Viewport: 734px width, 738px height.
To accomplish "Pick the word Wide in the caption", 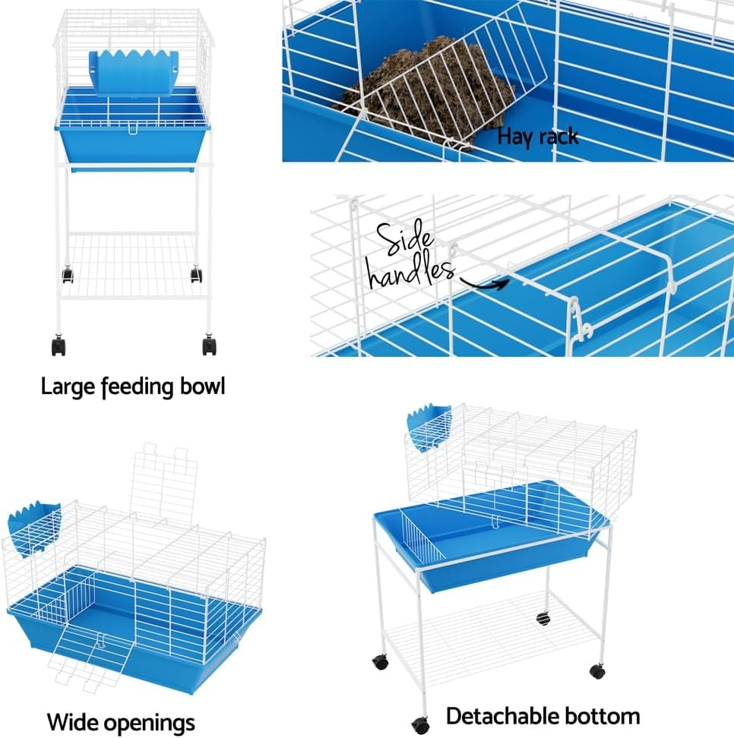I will [x=75, y=721].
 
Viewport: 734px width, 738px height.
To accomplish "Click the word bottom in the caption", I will [x=602, y=716].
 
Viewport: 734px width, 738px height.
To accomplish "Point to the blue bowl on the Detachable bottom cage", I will [x=429, y=428].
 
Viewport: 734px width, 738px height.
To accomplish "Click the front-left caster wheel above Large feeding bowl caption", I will [x=59, y=346].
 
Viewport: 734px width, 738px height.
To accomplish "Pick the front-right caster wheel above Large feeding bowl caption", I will [x=210, y=346].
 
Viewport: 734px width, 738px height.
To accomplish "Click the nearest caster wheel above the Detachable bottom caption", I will [x=419, y=724].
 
